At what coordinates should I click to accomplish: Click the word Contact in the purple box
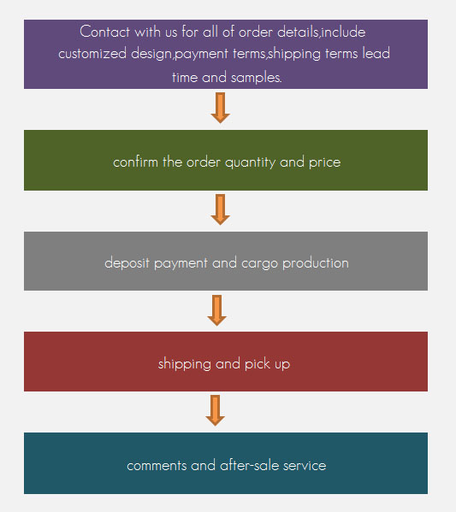[x=104, y=32]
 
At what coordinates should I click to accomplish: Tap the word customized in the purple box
[x=92, y=53]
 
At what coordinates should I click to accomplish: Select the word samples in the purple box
[x=257, y=78]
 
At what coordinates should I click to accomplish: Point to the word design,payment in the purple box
[x=180, y=54]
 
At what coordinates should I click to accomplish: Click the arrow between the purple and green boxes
[x=221, y=108]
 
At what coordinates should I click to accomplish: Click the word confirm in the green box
[x=135, y=162]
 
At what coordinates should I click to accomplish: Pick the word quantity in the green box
[x=250, y=162]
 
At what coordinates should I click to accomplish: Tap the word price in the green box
[x=324, y=162]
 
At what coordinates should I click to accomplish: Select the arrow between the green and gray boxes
[x=221, y=209]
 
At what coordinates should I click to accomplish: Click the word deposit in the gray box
[x=127, y=263]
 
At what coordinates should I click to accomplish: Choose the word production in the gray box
[x=316, y=263]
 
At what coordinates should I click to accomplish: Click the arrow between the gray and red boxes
[x=217, y=310]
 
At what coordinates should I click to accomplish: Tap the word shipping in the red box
[x=185, y=364]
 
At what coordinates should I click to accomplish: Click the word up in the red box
[x=282, y=365]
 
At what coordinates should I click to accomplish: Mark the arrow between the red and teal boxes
[x=215, y=410]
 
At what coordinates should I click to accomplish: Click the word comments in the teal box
[x=157, y=466]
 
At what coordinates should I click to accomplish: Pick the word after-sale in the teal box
[x=250, y=465]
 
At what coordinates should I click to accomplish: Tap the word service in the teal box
[x=305, y=466]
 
